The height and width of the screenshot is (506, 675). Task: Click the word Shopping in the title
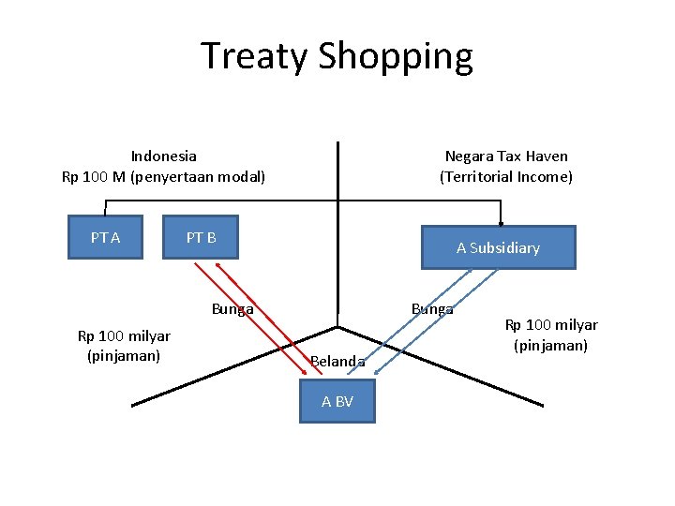click(x=396, y=58)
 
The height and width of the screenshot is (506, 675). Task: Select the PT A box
click(x=105, y=238)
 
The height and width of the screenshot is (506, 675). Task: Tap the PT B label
click(x=201, y=238)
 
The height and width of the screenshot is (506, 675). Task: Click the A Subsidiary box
click(x=498, y=248)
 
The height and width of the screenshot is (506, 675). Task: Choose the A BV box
click(x=337, y=401)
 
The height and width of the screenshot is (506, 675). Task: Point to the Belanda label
click(x=337, y=361)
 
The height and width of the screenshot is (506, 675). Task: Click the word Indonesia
click(x=164, y=156)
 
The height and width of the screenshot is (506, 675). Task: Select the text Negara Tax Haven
click(x=506, y=156)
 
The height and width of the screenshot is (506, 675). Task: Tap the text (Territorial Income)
click(x=506, y=176)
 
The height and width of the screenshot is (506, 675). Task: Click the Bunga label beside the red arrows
click(x=232, y=309)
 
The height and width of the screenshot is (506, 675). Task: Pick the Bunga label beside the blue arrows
click(x=432, y=308)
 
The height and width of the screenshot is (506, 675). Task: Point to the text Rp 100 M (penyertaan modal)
click(x=164, y=176)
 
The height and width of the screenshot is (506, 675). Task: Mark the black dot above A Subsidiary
click(x=502, y=224)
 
